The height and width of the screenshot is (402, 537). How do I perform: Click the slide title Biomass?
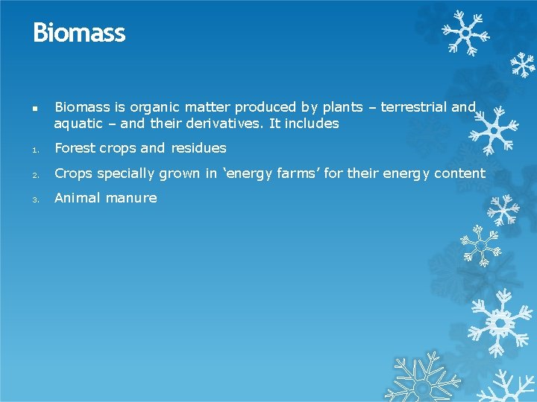79,33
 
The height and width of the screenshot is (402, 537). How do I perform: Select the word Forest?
75,148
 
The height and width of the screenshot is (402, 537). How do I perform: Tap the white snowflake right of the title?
463,33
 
